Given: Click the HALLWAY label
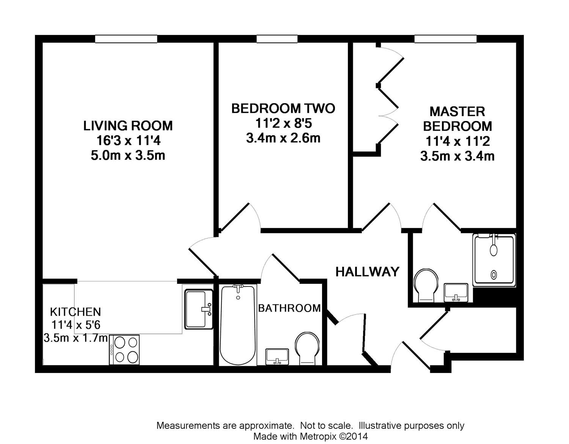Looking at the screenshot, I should point(367,272).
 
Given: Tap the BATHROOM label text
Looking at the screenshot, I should point(289,308).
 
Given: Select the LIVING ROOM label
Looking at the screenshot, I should point(128,126).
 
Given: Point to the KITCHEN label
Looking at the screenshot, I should point(75,312).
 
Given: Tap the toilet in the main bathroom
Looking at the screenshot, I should point(307,349).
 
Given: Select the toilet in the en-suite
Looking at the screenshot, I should point(426,286).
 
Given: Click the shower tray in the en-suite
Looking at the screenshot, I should point(494,260).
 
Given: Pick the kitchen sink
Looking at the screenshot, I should point(199,309).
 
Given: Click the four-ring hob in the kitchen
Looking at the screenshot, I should point(124,350).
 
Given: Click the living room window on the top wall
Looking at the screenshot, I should point(126,39).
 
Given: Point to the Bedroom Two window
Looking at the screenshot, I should point(277,39).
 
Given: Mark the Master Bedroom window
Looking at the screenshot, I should point(445,39).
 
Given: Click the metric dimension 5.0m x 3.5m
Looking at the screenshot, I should point(128,156).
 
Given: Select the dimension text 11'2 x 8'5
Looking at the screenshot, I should point(283,123).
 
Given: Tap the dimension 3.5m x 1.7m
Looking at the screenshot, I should point(75,338).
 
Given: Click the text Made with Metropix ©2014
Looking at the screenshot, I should point(310,436).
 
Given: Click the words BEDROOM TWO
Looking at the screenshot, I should point(283,109).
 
